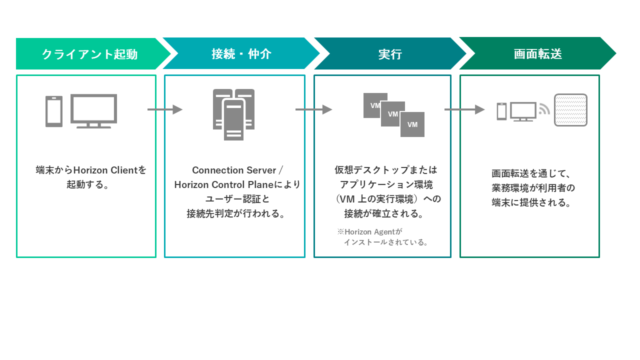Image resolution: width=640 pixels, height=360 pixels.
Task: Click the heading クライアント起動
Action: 89,54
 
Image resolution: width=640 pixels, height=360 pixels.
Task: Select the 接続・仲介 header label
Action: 241,54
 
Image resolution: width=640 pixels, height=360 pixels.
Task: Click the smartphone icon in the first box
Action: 54,111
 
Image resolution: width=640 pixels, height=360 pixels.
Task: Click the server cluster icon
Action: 233,114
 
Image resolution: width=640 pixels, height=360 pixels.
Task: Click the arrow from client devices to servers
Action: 164,109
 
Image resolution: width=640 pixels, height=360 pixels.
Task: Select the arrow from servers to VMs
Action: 313,109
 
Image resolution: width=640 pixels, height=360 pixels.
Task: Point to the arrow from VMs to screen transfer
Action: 464,109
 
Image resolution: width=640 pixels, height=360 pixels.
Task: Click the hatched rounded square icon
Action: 570,110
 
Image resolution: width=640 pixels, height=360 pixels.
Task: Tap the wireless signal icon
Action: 544,109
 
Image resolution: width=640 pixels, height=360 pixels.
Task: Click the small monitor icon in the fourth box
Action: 523,111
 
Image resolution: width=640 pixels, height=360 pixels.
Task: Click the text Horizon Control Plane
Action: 224,184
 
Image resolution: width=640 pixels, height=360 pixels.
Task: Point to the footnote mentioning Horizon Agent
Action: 382,237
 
